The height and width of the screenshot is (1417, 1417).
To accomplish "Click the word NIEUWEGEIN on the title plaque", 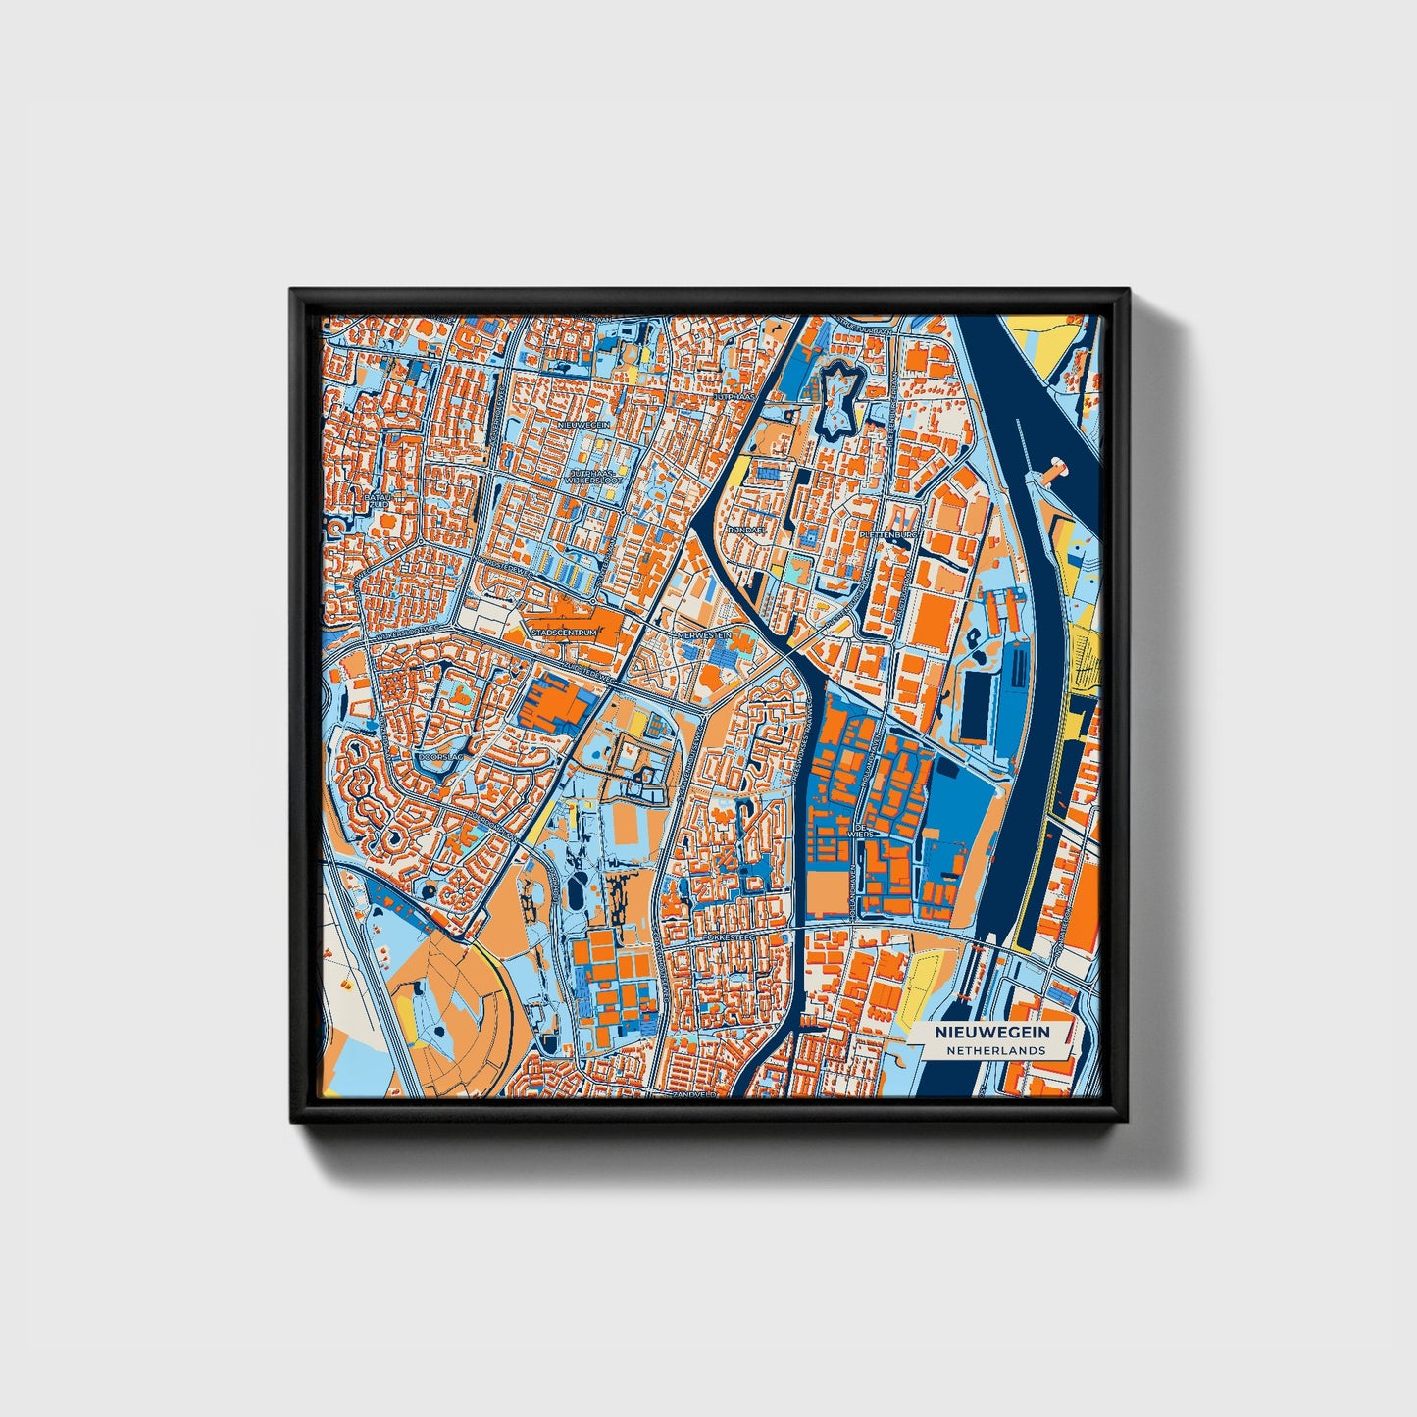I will (991, 1033).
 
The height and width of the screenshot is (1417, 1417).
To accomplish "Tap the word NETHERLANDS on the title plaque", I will (995, 1050).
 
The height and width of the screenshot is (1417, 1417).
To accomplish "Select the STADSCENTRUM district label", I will (563, 633).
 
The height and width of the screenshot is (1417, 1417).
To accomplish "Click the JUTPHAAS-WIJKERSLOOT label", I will (598, 477).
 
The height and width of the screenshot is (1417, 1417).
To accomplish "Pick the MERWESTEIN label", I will (704, 635).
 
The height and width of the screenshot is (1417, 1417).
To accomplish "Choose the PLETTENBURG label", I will (889, 535).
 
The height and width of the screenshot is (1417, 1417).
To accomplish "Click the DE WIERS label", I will (864, 832).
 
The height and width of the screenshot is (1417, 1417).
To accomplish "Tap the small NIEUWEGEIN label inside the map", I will (584, 424).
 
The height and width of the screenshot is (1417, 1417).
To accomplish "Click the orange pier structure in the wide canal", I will (1055, 470).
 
